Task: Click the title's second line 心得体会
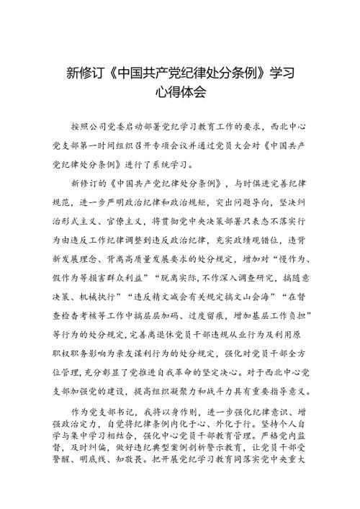pyautogui.click(x=180, y=92)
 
